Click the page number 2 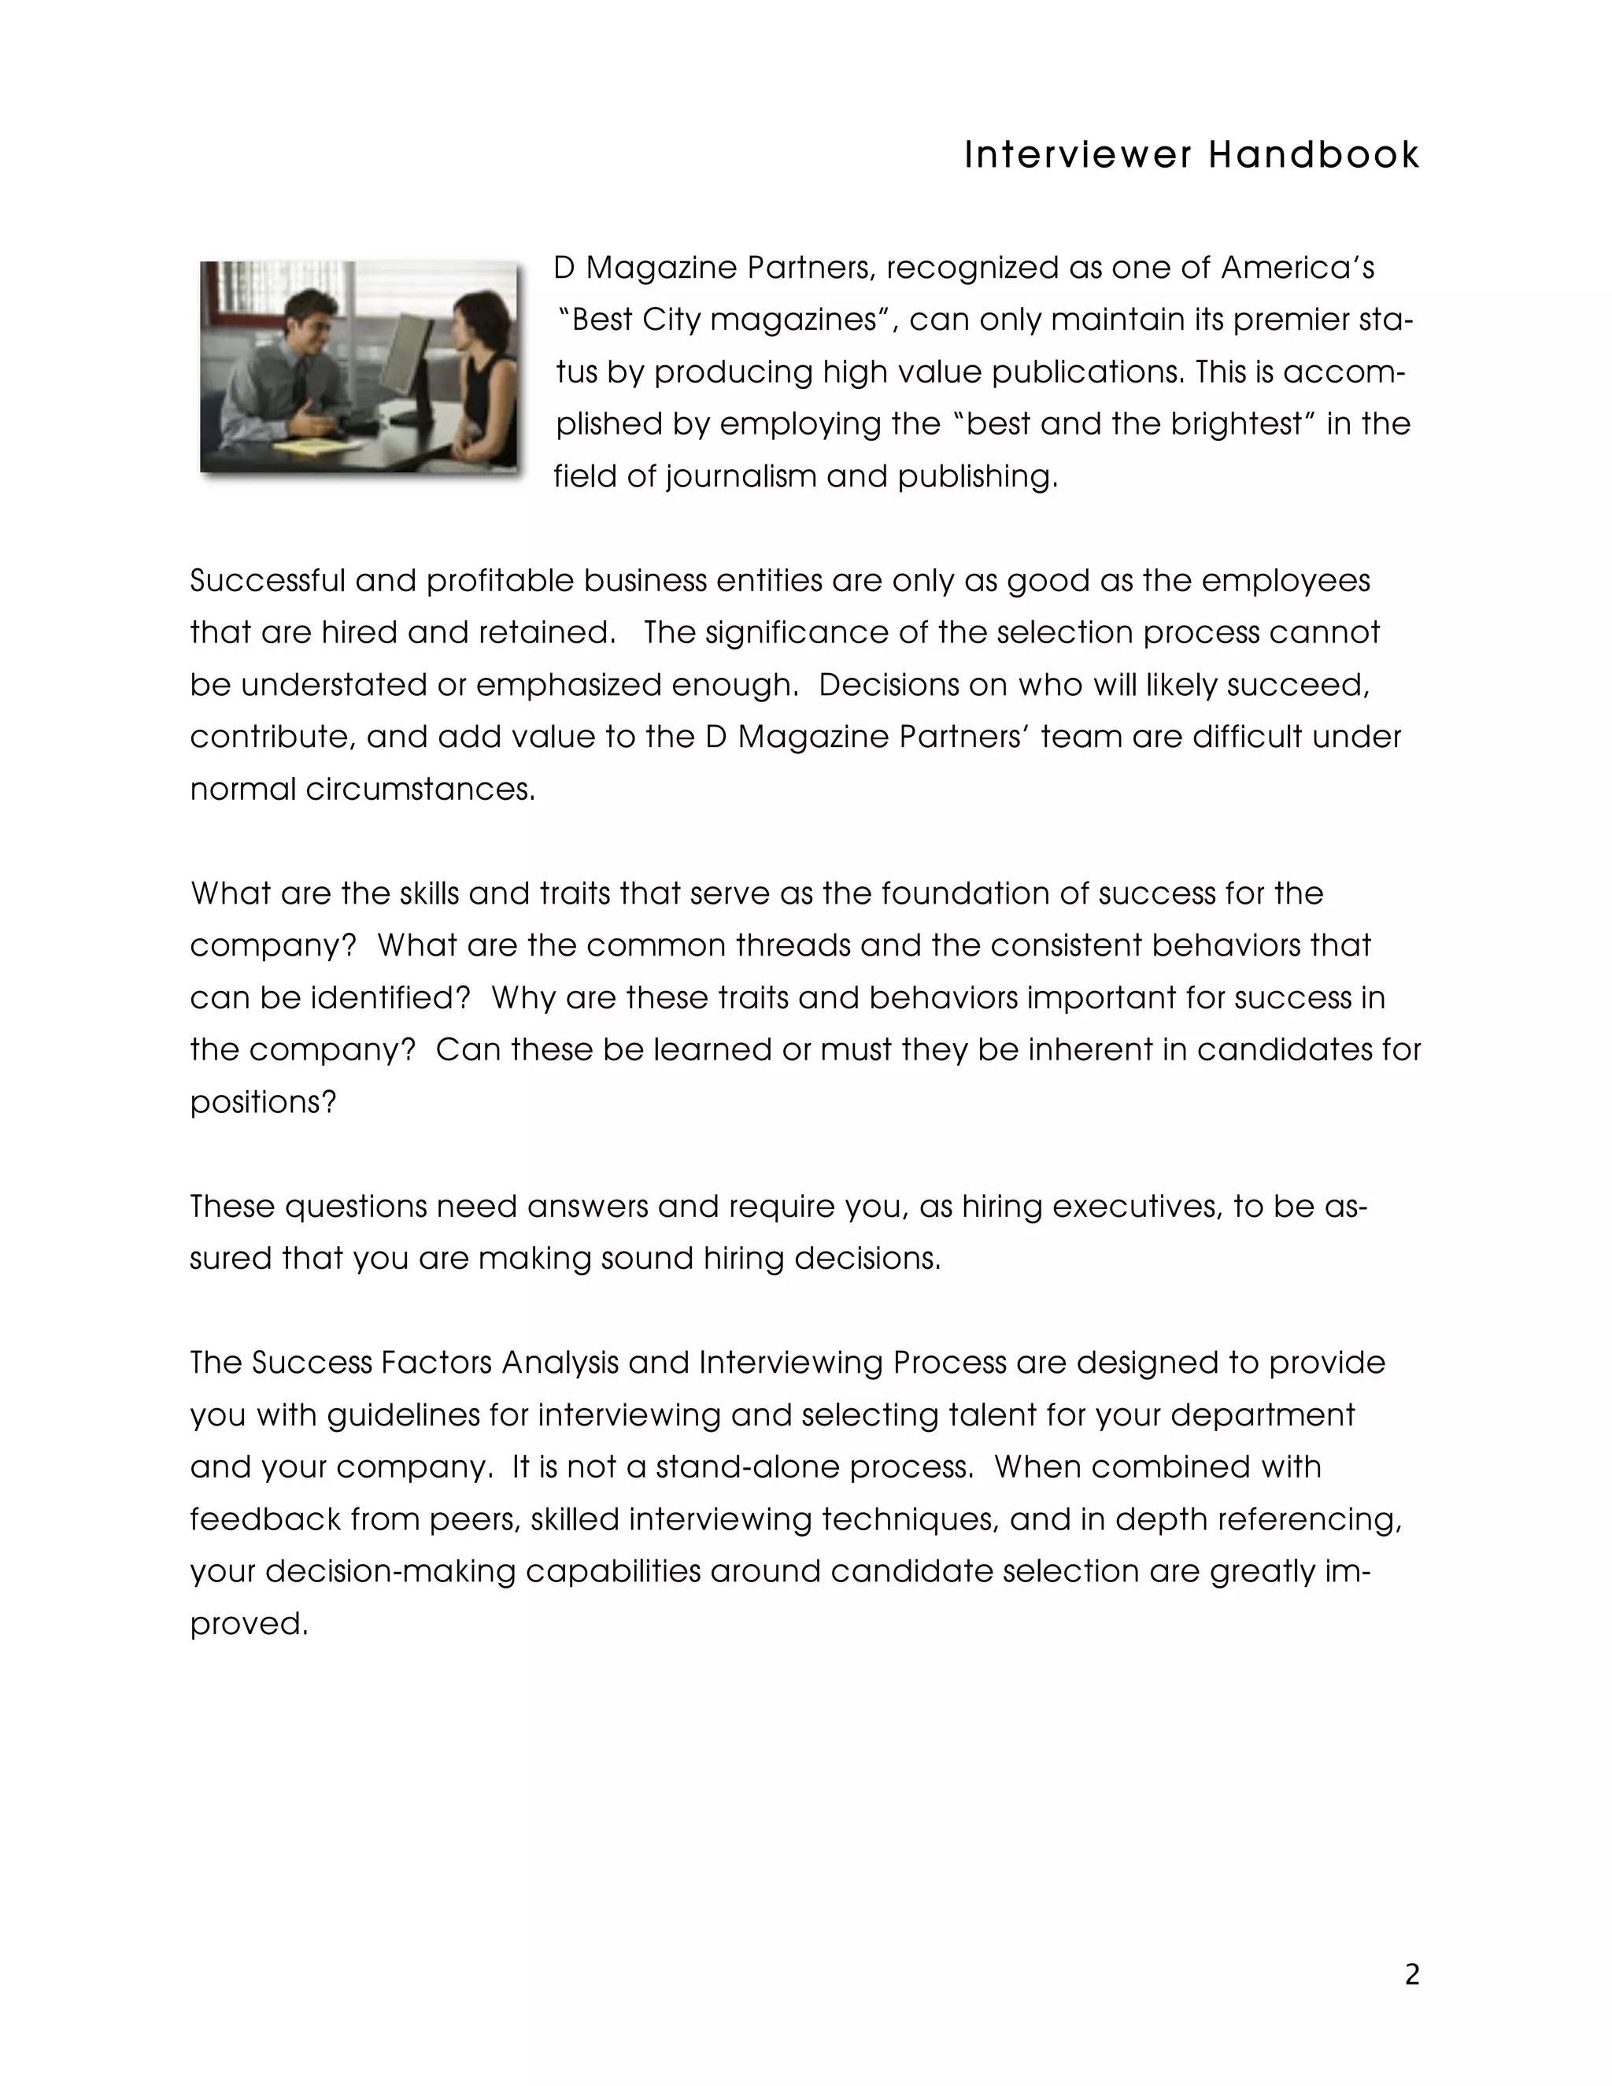pyautogui.click(x=1411, y=1975)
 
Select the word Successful pyautogui.click(x=267, y=581)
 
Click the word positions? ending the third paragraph pyautogui.click(x=264, y=1102)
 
